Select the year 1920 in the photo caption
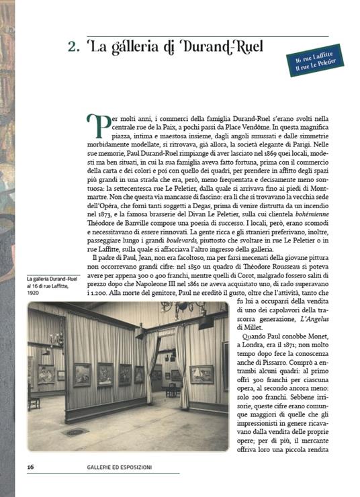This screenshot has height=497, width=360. (35, 293)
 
